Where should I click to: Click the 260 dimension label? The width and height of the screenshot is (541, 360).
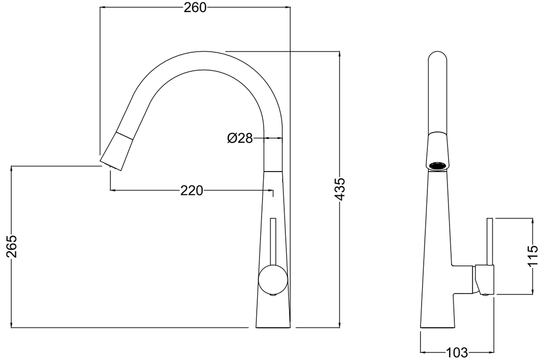(194, 7)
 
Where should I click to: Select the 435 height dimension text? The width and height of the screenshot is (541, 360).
(340, 189)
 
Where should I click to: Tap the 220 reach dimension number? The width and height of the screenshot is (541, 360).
(192, 191)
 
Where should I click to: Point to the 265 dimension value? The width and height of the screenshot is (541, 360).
(12, 247)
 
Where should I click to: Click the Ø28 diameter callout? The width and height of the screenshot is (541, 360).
(240, 139)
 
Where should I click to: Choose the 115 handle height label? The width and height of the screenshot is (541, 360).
(533, 255)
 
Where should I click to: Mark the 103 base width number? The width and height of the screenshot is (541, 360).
(457, 353)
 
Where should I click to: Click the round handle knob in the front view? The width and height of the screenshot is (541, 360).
(273, 280)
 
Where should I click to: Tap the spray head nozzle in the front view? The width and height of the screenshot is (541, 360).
(117, 151)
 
